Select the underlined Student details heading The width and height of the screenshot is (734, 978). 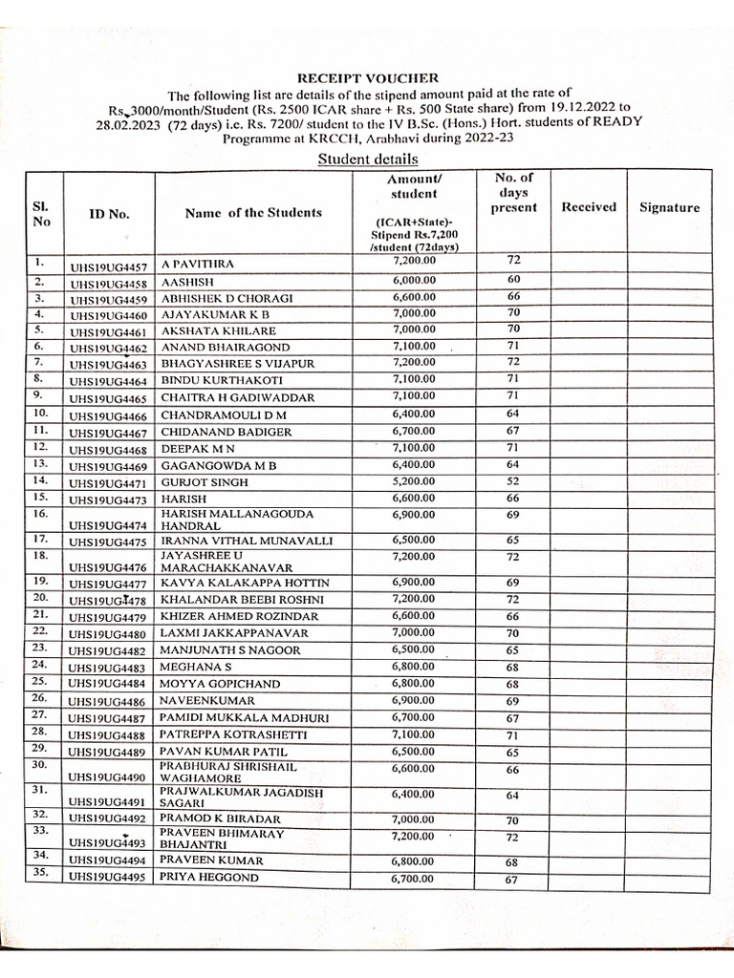click(368, 159)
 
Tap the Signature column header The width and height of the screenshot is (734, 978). click(669, 207)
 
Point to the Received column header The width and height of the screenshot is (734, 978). click(589, 206)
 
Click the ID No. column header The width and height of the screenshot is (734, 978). click(109, 214)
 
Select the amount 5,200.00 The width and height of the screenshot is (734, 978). click(414, 480)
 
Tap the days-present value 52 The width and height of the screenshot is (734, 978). click(512, 481)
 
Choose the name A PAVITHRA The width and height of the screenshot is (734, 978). click(197, 262)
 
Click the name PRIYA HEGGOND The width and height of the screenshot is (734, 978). click(208, 877)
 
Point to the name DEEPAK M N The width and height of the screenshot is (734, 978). click(198, 447)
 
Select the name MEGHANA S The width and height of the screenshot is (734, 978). click(196, 667)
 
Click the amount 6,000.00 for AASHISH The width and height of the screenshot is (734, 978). click(414, 280)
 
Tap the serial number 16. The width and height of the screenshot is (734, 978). click(40, 514)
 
